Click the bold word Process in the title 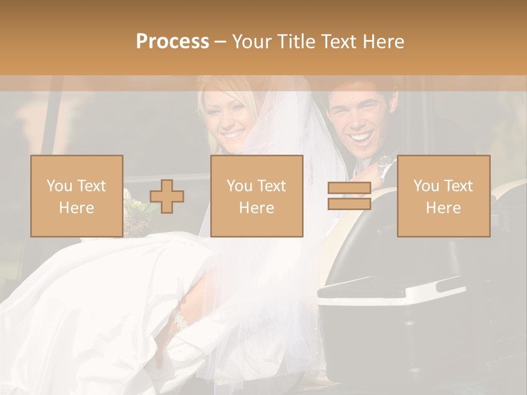pyautogui.click(x=172, y=42)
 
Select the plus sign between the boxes pyautogui.click(x=167, y=196)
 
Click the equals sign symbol pyautogui.click(x=349, y=196)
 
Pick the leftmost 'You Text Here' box pyautogui.click(x=76, y=196)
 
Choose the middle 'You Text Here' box pyautogui.click(x=256, y=196)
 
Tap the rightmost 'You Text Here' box pyautogui.click(x=443, y=196)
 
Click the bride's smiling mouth pyautogui.click(x=233, y=134)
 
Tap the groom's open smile pyautogui.click(x=361, y=137)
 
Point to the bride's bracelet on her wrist pyautogui.click(x=180, y=320)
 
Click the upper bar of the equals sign pyautogui.click(x=349, y=188)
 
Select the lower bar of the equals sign pyautogui.click(x=349, y=204)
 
